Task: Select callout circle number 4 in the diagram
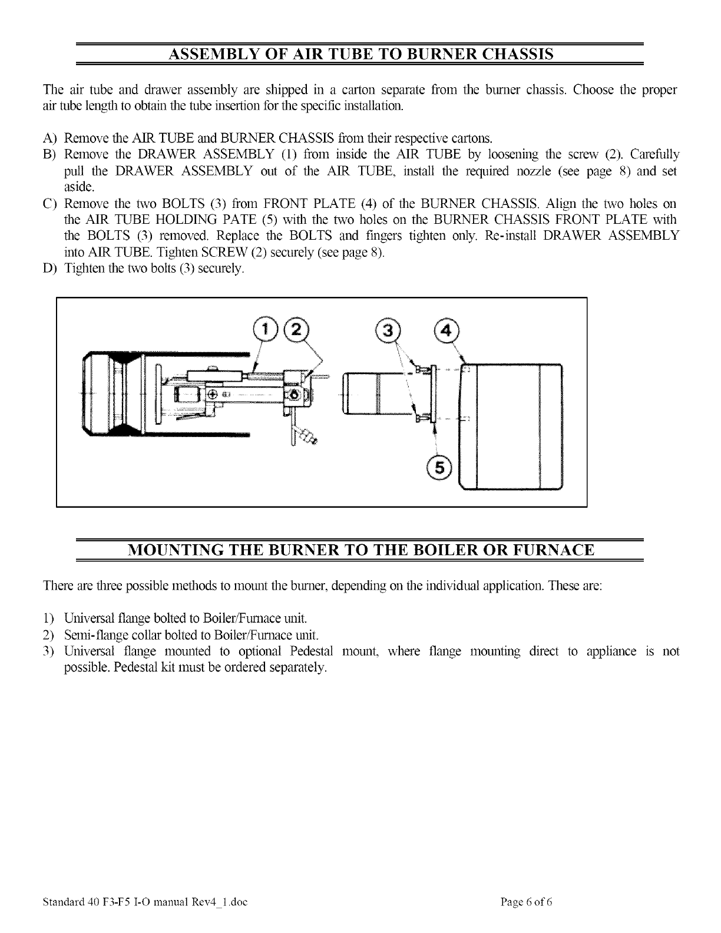(x=445, y=330)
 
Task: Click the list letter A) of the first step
(x=49, y=139)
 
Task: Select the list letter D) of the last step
(x=49, y=269)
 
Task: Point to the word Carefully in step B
(x=654, y=155)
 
